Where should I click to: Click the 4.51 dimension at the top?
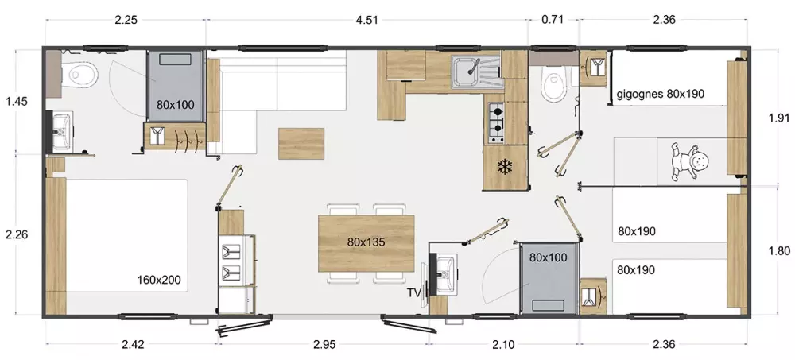[367, 21]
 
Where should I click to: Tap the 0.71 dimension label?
[553, 21]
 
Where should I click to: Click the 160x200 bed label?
[159, 280]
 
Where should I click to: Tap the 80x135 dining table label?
[366, 242]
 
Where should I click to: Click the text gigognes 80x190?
[661, 94]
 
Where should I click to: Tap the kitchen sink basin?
[465, 72]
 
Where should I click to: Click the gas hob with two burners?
[496, 122]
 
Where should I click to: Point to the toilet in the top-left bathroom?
[81, 75]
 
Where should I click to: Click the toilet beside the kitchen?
[552, 84]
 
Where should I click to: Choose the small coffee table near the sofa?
[301, 144]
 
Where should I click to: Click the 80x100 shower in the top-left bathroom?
[176, 86]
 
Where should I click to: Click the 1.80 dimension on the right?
[779, 251]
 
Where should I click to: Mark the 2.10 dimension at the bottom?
[503, 345]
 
